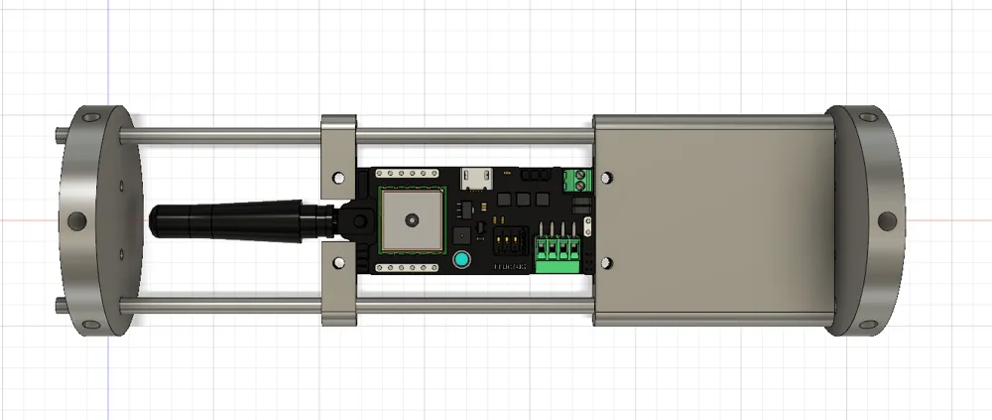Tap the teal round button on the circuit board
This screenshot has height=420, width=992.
tap(461, 261)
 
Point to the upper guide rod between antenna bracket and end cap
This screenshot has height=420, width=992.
tap(228, 133)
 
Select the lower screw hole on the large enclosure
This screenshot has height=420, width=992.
tap(607, 263)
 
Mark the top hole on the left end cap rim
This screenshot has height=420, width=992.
tap(92, 117)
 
